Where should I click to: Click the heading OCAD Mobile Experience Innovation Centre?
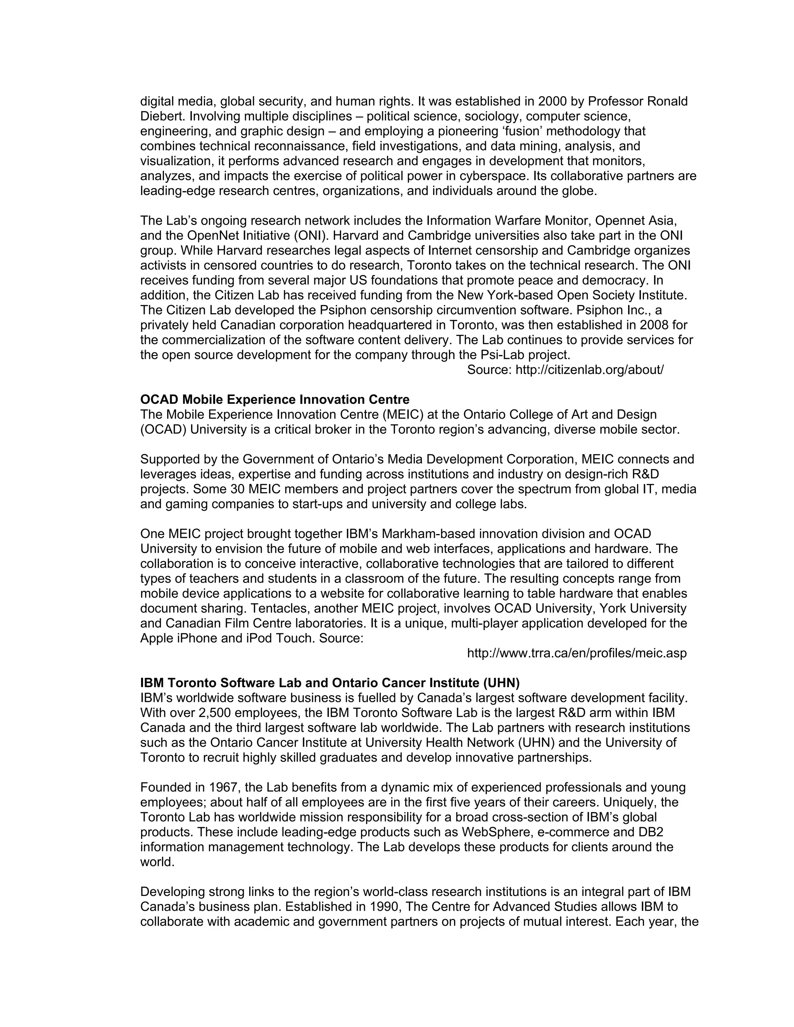[x=275, y=400]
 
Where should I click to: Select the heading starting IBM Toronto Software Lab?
[x=330, y=683]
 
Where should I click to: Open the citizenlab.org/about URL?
[x=589, y=370]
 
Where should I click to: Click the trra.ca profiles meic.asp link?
[x=577, y=653]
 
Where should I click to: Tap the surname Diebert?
[x=163, y=116]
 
